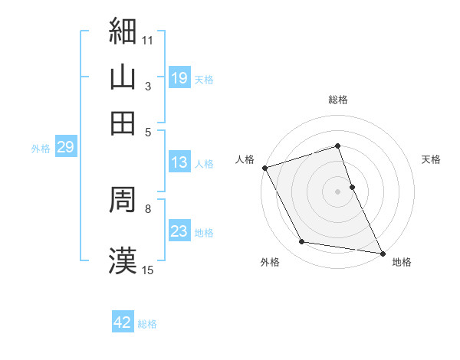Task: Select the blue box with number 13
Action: click(179, 162)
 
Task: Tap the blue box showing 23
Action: click(179, 231)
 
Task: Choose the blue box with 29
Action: click(65, 147)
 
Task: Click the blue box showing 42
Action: click(123, 322)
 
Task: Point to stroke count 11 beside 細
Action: click(148, 38)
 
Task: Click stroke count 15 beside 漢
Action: click(148, 269)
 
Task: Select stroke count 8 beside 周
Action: click(147, 208)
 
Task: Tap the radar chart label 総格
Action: click(338, 100)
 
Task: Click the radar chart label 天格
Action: click(431, 159)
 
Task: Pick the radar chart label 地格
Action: click(401, 262)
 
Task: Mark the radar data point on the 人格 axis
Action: click(264, 167)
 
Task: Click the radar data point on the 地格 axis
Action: click(382, 252)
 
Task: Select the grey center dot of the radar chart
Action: click(338, 191)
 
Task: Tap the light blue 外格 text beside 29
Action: click(41, 148)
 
